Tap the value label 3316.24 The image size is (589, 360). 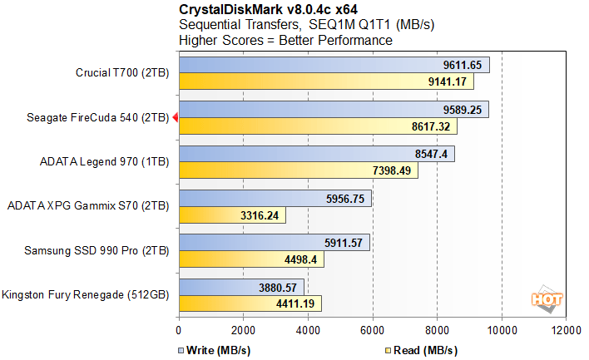point(260,215)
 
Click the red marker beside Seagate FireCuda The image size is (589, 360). point(175,118)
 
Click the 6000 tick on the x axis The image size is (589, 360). point(373,328)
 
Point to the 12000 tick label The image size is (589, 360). point(566,328)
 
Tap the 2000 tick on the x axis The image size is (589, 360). point(243,328)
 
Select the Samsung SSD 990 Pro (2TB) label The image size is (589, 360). point(111,251)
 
